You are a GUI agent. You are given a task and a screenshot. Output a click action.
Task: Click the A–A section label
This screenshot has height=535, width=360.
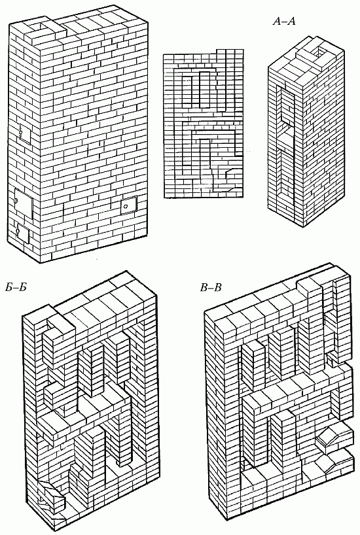283,22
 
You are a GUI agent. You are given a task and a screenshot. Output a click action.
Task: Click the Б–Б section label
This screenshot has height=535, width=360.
16,288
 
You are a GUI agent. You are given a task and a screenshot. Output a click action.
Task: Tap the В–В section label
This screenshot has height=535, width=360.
211,288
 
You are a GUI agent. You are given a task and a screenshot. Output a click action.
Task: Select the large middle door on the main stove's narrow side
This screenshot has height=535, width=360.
23,203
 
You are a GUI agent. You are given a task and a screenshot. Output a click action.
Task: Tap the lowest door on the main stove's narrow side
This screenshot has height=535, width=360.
23,233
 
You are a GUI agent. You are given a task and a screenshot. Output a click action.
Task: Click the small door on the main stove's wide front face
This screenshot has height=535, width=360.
128,205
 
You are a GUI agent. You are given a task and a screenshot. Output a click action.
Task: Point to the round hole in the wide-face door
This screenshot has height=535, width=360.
126,207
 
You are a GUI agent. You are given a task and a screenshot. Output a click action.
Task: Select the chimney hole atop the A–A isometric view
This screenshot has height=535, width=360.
321,52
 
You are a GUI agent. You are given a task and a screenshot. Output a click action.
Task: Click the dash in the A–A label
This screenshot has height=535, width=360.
283,22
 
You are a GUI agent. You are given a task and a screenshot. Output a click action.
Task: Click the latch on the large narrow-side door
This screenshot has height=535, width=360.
16,201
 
